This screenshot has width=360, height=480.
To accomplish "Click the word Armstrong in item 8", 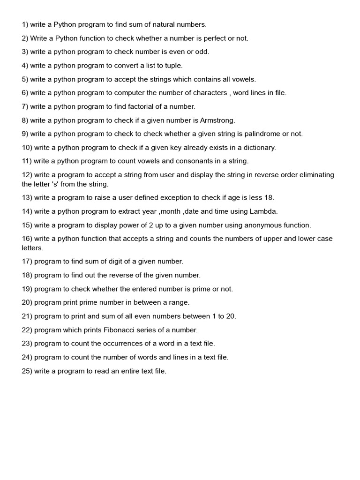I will click(x=217, y=120).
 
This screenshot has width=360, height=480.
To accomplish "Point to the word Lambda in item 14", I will click(x=264, y=211).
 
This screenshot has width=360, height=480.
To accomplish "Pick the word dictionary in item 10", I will click(x=258, y=147).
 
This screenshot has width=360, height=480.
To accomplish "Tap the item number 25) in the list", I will click(x=27, y=371).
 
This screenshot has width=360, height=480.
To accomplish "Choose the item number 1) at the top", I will click(x=25, y=24).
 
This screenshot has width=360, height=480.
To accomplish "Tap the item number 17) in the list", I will click(x=27, y=261).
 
